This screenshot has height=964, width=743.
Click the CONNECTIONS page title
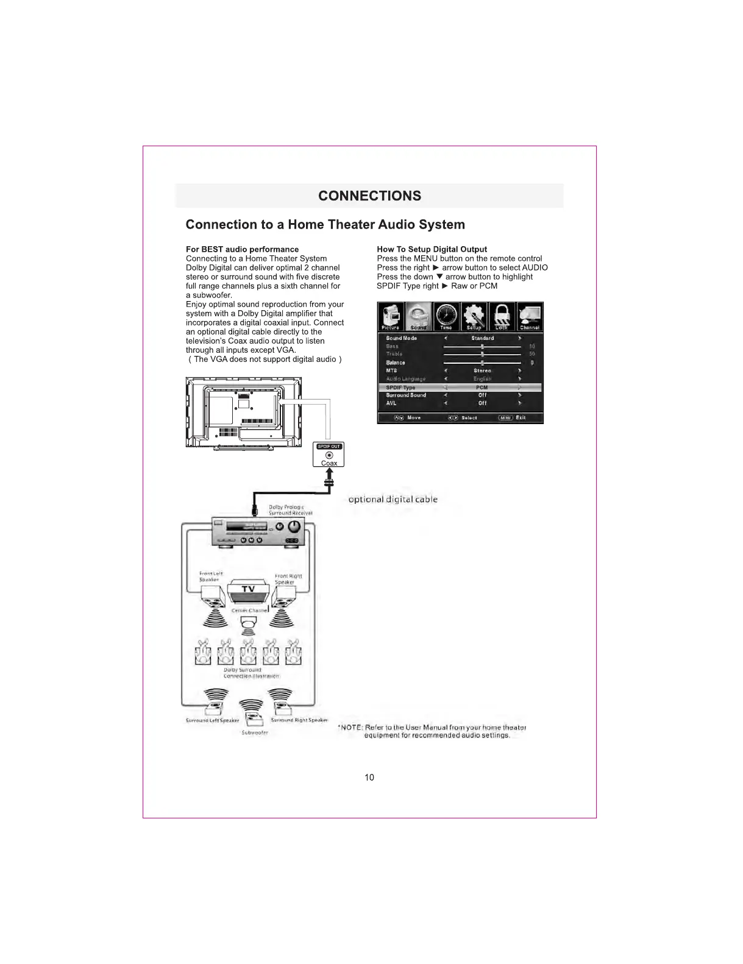pos(369,196)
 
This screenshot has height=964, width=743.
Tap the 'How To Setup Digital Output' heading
pos(432,249)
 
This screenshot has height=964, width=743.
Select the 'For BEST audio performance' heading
pos(242,249)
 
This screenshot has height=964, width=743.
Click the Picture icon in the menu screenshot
pos(391,316)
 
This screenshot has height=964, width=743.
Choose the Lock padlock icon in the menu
pos(502,316)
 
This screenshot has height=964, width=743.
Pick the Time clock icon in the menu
pos(446,316)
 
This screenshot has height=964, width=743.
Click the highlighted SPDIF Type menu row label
pos(400,388)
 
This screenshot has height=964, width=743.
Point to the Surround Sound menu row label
pos(406,395)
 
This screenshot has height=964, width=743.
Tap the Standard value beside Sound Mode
pos(482,338)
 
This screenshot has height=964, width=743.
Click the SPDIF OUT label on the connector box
pos(329,447)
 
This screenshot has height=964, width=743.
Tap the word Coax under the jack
pos(329,464)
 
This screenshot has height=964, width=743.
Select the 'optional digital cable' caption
pos(393,500)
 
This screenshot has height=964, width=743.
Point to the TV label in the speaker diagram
pos(248,589)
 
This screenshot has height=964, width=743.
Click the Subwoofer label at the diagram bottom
pos(254,732)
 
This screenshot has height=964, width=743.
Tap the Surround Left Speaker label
pos(212,721)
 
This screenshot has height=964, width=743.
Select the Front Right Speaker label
pos(288,579)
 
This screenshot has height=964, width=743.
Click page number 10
pos(369,778)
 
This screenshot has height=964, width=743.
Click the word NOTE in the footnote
pos(352,728)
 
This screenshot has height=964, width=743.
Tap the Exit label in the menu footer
pos(521,418)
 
